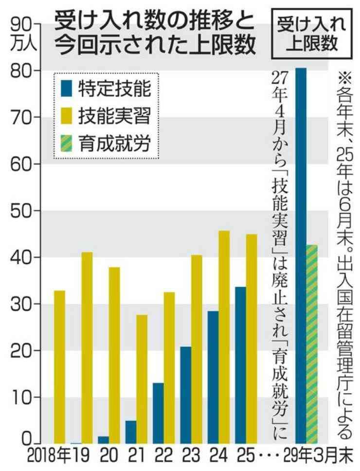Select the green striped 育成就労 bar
coord(312,344)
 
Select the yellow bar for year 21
coord(142,379)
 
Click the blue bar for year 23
coord(186,395)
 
